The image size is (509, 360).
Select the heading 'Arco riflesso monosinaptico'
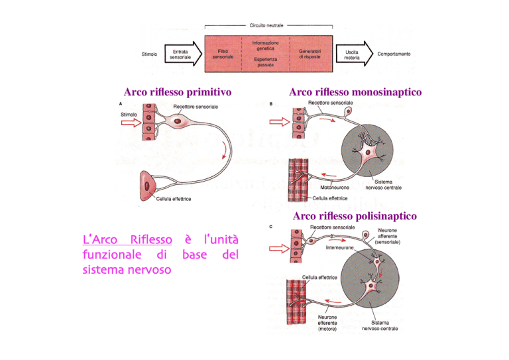pyautogui.click(x=356, y=93)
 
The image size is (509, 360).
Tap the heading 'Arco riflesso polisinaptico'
pyautogui.click(x=355, y=216)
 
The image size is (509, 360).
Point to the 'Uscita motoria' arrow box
pyautogui.click(x=352, y=54)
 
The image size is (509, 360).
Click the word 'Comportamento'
pyautogui.click(x=403, y=54)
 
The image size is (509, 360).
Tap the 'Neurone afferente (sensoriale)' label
pyautogui.click(x=393, y=238)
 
